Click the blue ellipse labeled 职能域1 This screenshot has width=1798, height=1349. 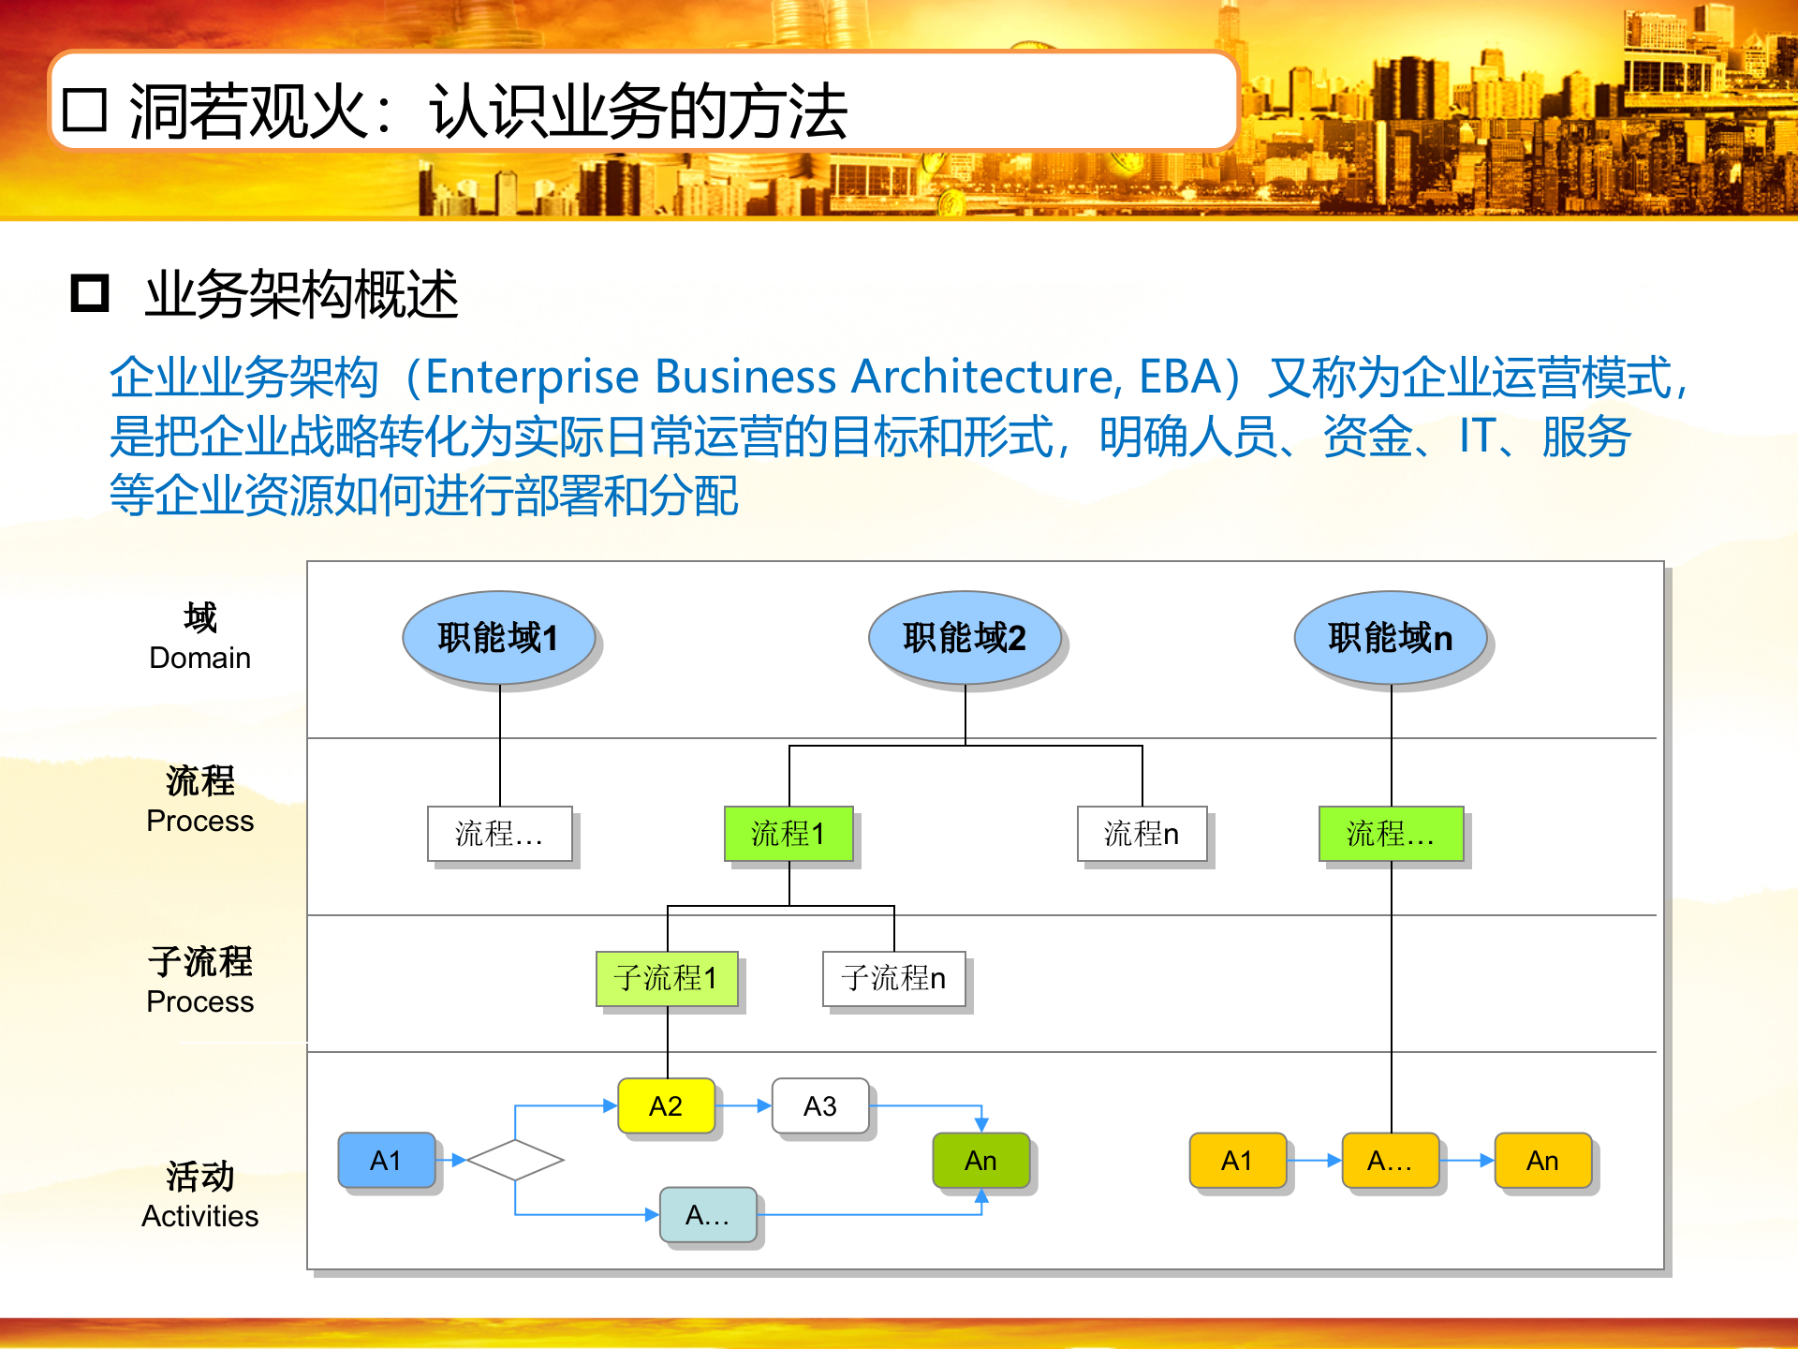coord(498,638)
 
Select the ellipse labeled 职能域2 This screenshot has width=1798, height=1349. coord(965,638)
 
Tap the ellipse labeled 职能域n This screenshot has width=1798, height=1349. coord(1390,638)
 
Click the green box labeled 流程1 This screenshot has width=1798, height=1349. coord(788,833)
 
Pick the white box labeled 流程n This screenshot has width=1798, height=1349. coord(1142,833)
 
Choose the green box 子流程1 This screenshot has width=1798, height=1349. coord(667,978)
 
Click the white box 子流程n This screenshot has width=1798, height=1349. coord(893,978)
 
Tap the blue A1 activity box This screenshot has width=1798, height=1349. coord(386,1161)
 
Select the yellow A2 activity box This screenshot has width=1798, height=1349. coord(666,1106)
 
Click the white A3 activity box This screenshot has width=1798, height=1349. coord(819,1106)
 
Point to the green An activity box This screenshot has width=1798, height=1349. coord(980,1161)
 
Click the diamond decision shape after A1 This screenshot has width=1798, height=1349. coord(515,1160)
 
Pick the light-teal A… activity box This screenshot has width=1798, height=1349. coord(707,1215)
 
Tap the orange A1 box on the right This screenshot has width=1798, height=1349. coord(1237,1161)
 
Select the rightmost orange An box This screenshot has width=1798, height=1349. coord(1542,1161)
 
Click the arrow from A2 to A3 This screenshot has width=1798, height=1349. coord(745,1106)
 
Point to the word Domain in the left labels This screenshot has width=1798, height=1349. coord(199,658)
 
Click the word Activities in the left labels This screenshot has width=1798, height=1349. coord(199,1216)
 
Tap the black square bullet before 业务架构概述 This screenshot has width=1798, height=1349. coord(90,293)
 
